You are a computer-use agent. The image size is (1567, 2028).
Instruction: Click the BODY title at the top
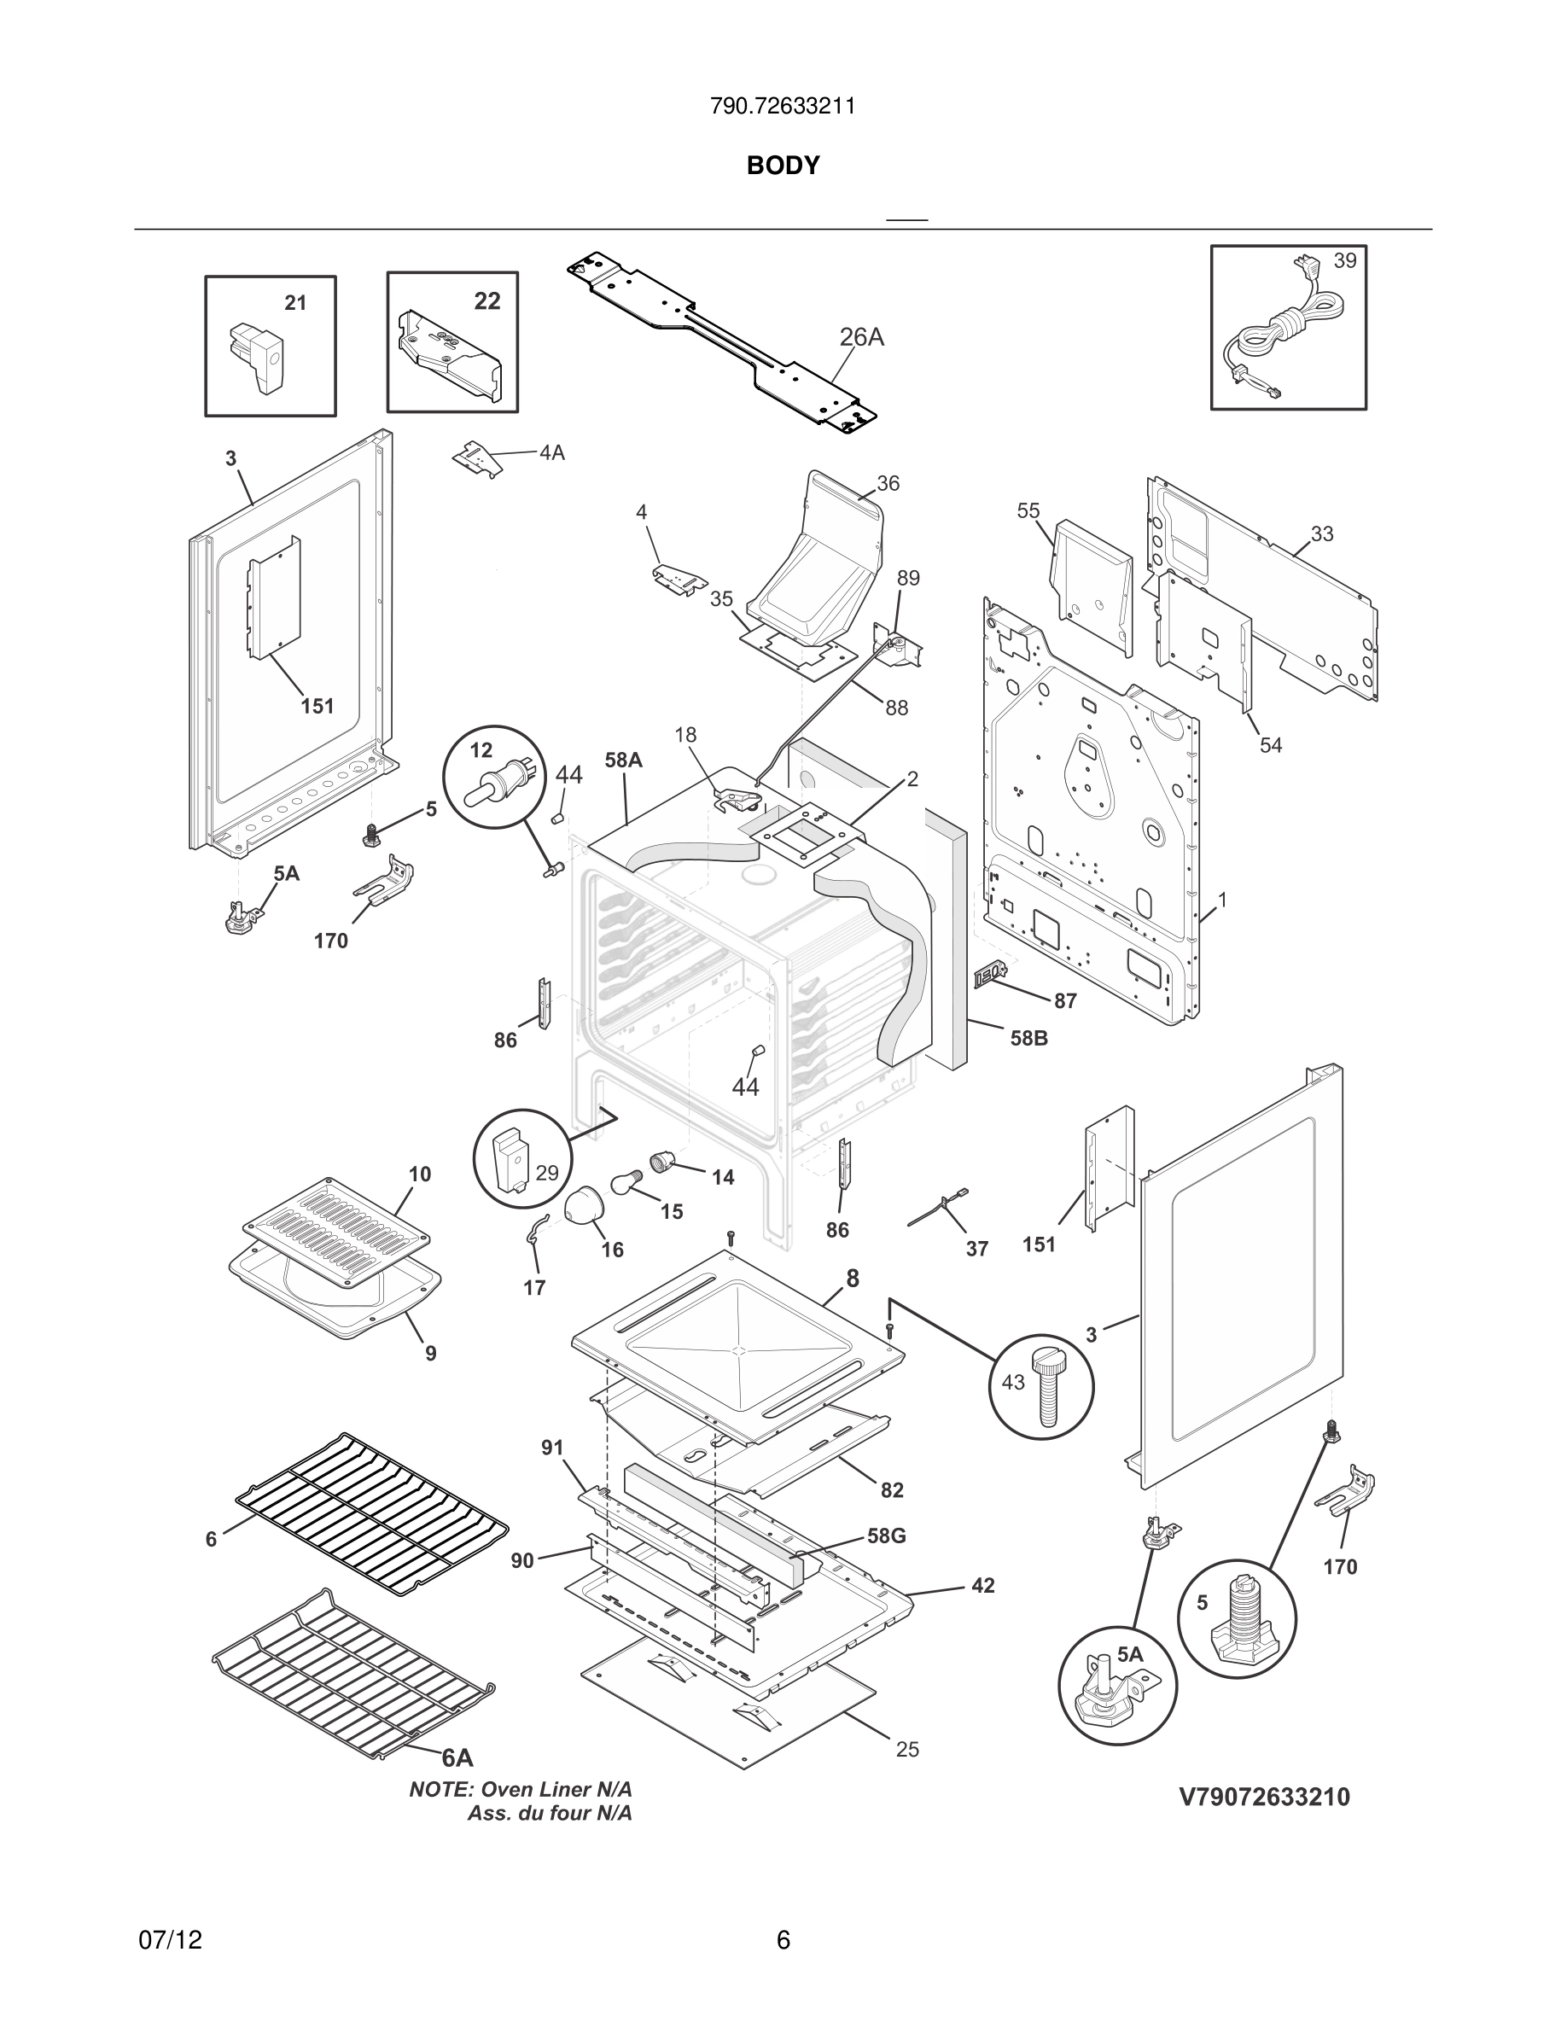pos(783,166)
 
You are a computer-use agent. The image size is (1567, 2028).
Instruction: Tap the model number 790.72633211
pos(783,107)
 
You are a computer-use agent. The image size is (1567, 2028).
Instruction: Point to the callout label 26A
pos(861,337)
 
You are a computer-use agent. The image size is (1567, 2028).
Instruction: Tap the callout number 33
pos(1322,534)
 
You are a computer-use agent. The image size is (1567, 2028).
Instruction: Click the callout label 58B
pos(1028,1038)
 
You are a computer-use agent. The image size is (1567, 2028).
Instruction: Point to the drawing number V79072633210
pos(1264,1797)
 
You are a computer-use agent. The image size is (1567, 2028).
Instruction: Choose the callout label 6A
pos(457,1757)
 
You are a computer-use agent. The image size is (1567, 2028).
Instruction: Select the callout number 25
pos(907,1750)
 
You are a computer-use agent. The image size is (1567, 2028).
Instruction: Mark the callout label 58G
pos(886,1536)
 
